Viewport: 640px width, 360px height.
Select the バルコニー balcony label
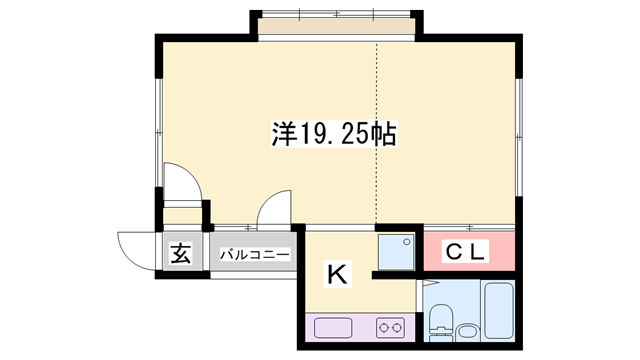(x=255, y=255)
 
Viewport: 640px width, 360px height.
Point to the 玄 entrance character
(x=179, y=254)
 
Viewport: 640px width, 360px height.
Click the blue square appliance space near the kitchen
(x=396, y=250)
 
